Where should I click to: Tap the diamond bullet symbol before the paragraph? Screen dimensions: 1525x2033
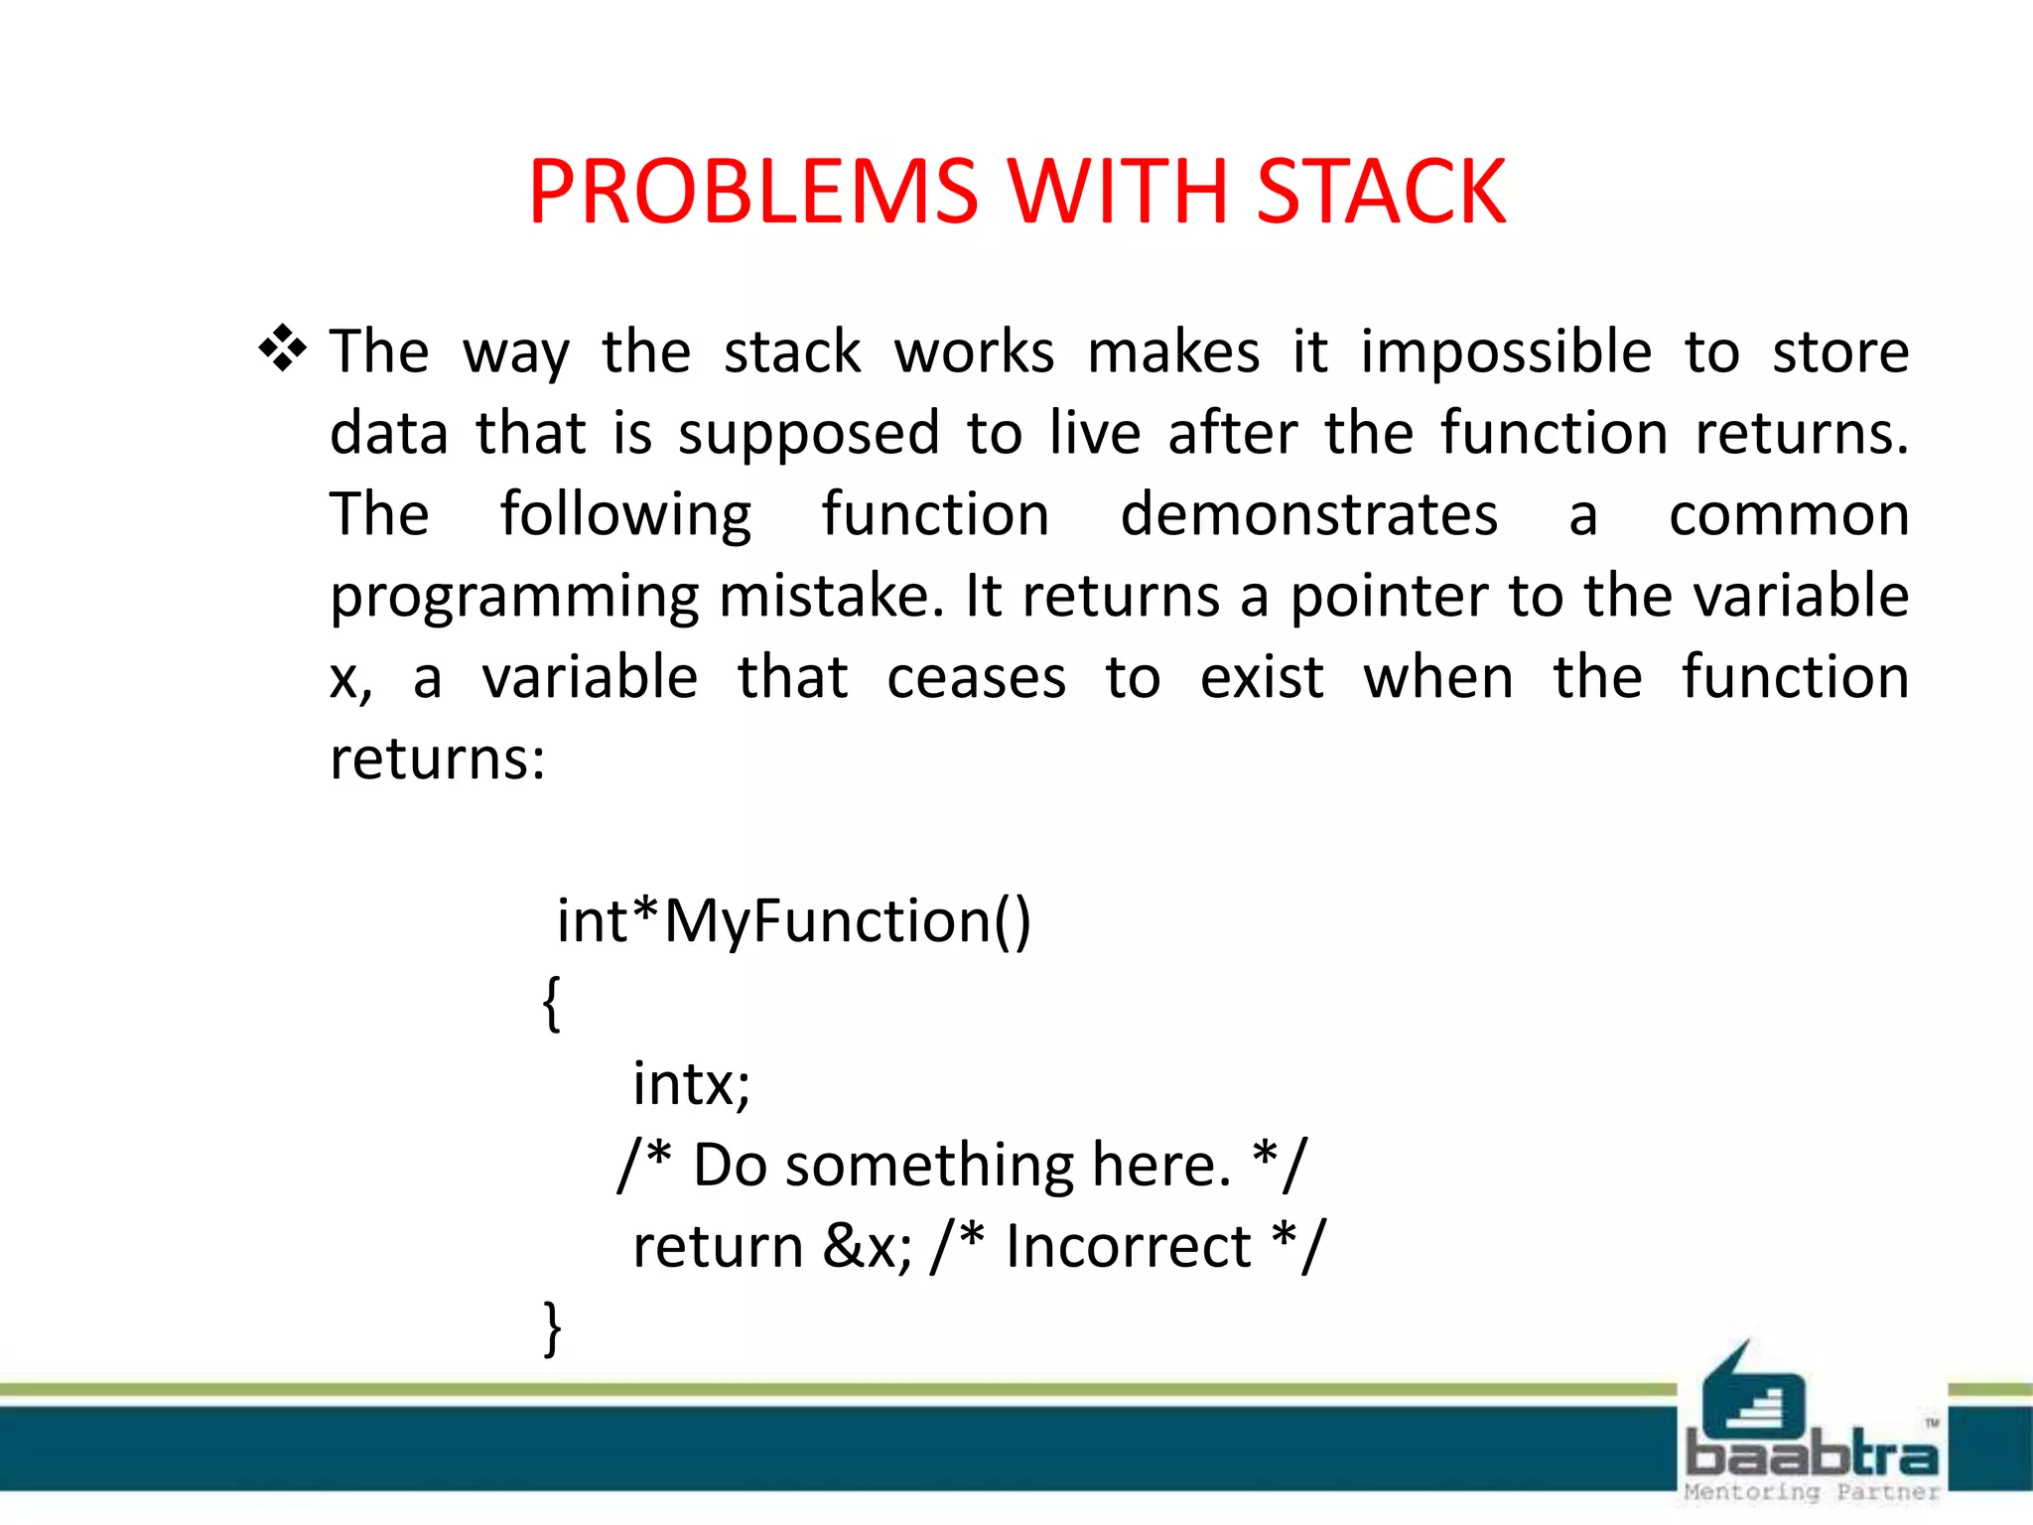tap(283, 349)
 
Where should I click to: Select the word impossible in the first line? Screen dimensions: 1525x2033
tap(1506, 352)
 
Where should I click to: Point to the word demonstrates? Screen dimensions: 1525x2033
tap(1308, 515)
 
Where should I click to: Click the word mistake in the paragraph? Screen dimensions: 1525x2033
tap(830, 597)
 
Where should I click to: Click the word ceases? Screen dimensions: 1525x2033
tap(976, 678)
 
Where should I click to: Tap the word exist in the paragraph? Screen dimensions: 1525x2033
tap(1262, 678)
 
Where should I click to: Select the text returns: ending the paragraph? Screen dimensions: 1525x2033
tap(438, 760)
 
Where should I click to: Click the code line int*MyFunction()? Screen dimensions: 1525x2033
tap(794, 920)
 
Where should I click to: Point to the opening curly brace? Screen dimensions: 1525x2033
tap(552, 1003)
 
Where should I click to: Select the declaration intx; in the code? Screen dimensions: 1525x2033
tap(692, 1083)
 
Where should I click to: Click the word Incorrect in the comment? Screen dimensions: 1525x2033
tap(1128, 1246)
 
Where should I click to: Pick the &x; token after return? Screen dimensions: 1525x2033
tap(867, 1246)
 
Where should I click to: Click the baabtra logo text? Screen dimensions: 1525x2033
tap(1811, 1456)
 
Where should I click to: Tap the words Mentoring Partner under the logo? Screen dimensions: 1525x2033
tap(1811, 1492)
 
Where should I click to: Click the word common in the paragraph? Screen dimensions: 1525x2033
tap(1789, 515)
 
